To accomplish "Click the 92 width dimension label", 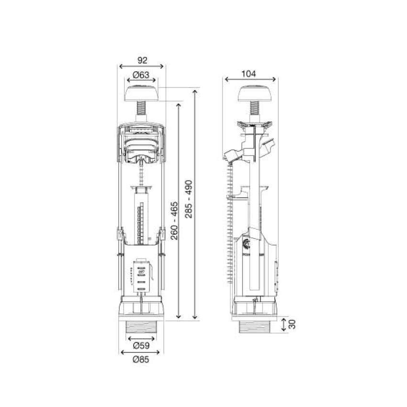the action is pyautogui.click(x=142, y=60).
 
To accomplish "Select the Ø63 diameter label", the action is pyautogui.click(x=141, y=75).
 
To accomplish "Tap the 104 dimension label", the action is pyautogui.click(x=249, y=74).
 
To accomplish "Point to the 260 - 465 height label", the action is pyautogui.click(x=174, y=221).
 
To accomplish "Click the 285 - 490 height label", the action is pyautogui.click(x=189, y=199).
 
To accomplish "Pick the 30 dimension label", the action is pyautogui.click(x=292, y=324).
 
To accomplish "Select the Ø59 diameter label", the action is pyautogui.click(x=141, y=346).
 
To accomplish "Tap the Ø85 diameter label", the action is pyautogui.click(x=141, y=360).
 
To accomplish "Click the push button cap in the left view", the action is pyautogui.click(x=141, y=93).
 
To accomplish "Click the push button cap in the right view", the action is pyautogui.click(x=255, y=93).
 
